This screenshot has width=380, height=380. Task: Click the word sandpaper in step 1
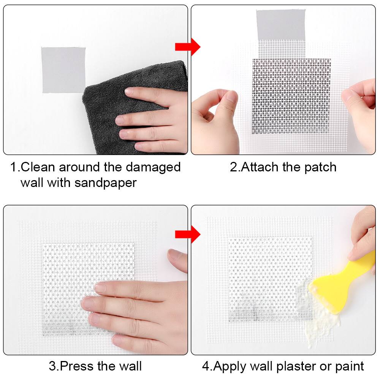[105, 183]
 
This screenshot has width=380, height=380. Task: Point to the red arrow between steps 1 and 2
[187, 47]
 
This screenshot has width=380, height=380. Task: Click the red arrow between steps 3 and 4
[187, 234]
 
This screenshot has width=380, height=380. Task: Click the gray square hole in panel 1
[63, 70]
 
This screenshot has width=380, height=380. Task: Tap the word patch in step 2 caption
[319, 167]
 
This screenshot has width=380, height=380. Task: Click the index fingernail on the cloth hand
[130, 92]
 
